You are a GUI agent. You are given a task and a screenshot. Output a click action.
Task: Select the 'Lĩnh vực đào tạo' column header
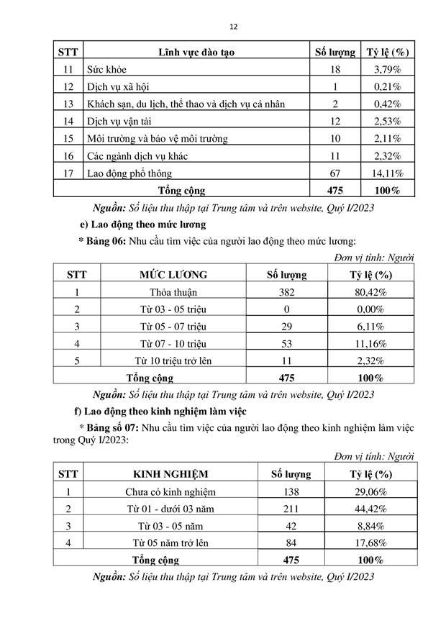click(196, 53)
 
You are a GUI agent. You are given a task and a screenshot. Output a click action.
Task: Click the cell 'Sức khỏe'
click(107, 70)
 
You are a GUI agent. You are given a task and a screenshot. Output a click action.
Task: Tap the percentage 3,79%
click(388, 70)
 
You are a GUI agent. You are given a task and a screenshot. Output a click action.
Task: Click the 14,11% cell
click(388, 173)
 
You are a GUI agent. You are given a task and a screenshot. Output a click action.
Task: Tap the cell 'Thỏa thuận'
click(173, 292)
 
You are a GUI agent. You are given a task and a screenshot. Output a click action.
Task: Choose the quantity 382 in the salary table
click(287, 292)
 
